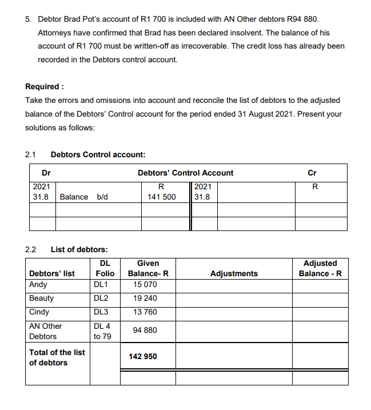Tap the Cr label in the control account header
tap(312, 173)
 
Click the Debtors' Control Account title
tap(185, 173)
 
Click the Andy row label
tap(38, 285)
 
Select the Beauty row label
tap(41, 298)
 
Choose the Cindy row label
tap(39, 312)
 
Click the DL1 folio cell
tap(102, 285)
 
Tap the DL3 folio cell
tap(102, 312)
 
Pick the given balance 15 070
tap(145, 285)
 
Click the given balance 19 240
tap(145, 298)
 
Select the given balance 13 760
tap(145, 312)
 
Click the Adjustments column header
tap(234, 273)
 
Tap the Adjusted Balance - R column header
tap(320, 268)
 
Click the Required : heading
tap(45, 87)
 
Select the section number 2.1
tap(30, 154)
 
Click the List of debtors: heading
tap(79, 249)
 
